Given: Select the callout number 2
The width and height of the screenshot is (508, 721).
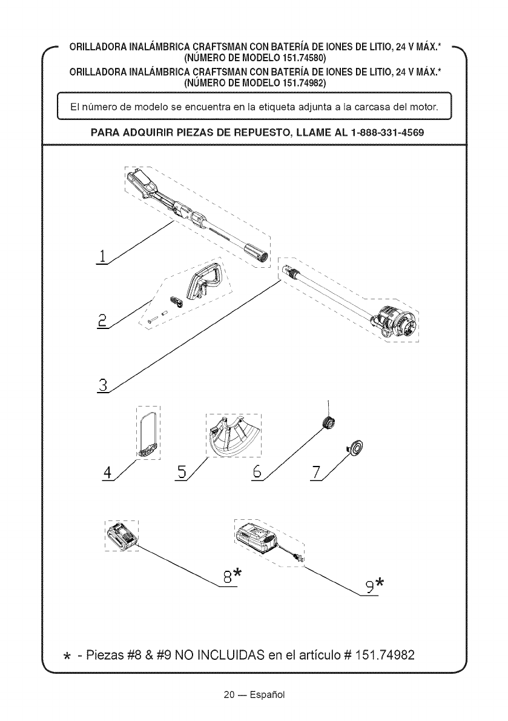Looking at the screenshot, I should click(x=102, y=321).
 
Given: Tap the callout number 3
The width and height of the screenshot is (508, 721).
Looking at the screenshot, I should click(x=103, y=385).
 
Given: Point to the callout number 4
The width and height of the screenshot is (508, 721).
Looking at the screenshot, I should click(x=108, y=472).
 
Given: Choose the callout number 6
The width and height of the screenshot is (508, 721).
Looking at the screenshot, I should click(x=257, y=472).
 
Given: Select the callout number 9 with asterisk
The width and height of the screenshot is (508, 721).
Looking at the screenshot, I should click(x=375, y=586).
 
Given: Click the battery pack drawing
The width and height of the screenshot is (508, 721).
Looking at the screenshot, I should click(x=122, y=536).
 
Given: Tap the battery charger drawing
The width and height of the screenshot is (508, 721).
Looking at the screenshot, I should click(x=260, y=537).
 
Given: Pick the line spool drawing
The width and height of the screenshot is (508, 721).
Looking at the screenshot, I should click(x=330, y=422).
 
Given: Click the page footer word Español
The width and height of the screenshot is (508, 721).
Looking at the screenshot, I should click(x=269, y=694).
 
